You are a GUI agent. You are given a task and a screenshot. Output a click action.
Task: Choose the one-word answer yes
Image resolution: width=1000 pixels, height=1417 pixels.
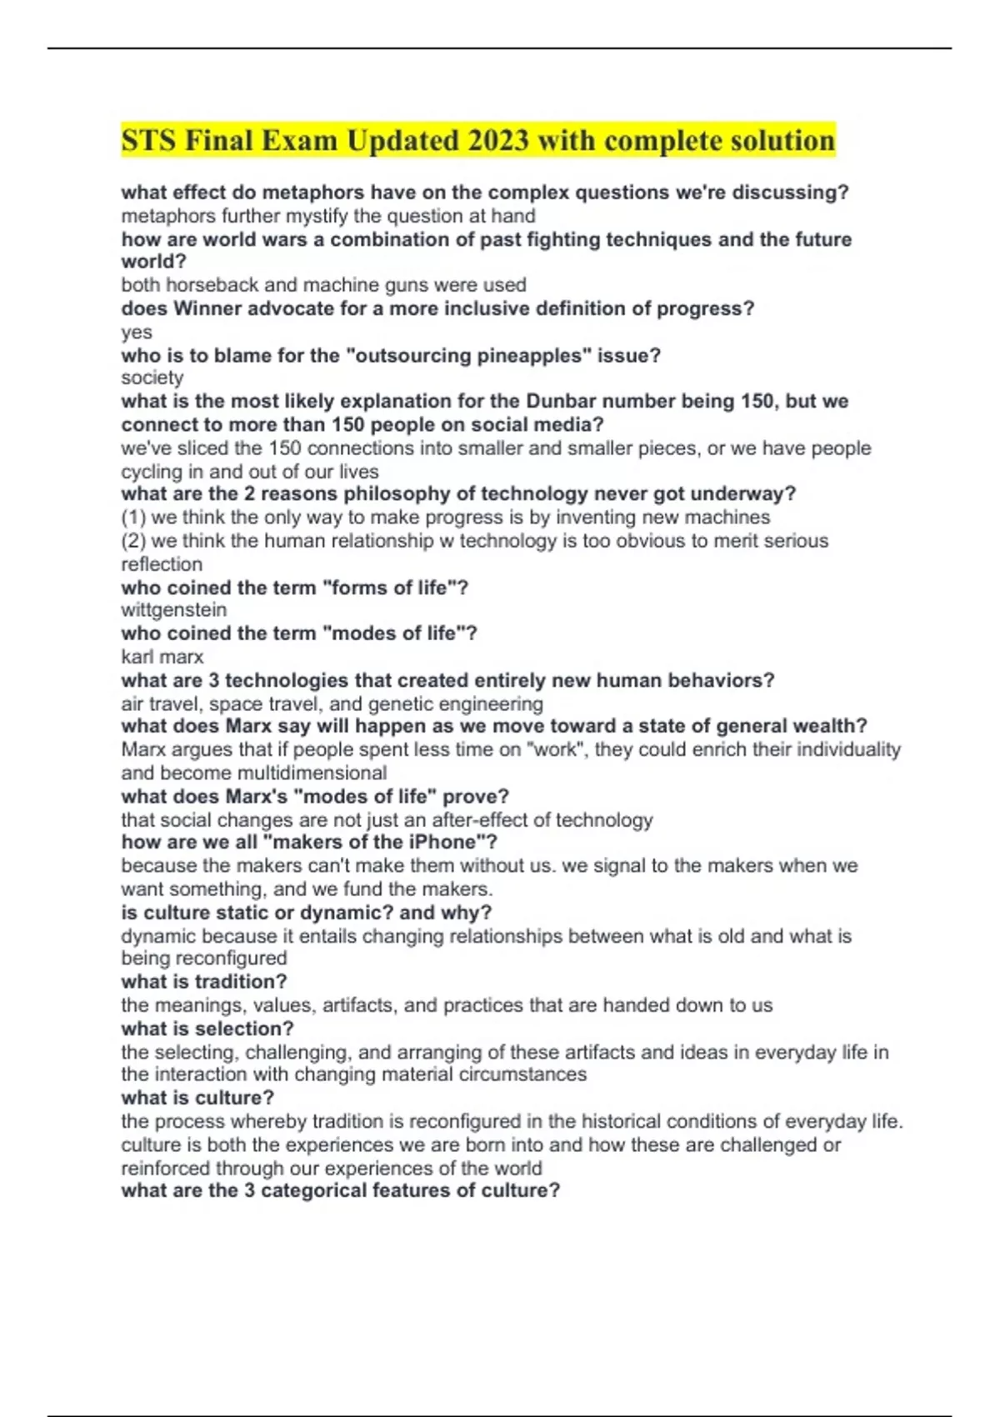[137, 333]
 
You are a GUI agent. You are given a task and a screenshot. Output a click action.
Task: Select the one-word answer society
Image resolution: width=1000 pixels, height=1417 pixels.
[152, 378]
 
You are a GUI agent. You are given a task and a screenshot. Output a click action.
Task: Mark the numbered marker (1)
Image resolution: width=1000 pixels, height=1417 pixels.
[133, 517]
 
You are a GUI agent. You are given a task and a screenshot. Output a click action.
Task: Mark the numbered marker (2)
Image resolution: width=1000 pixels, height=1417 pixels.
[133, 541]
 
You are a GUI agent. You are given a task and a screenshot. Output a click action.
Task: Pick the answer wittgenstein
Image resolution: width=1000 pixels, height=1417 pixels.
[173, 610]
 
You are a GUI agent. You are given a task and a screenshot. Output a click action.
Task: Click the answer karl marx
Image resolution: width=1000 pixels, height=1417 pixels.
[162, 657]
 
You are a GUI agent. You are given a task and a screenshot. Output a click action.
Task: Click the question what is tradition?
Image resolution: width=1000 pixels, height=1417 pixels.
[204, 981]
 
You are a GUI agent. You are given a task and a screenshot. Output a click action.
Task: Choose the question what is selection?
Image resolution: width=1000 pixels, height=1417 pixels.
[207, 1029]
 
